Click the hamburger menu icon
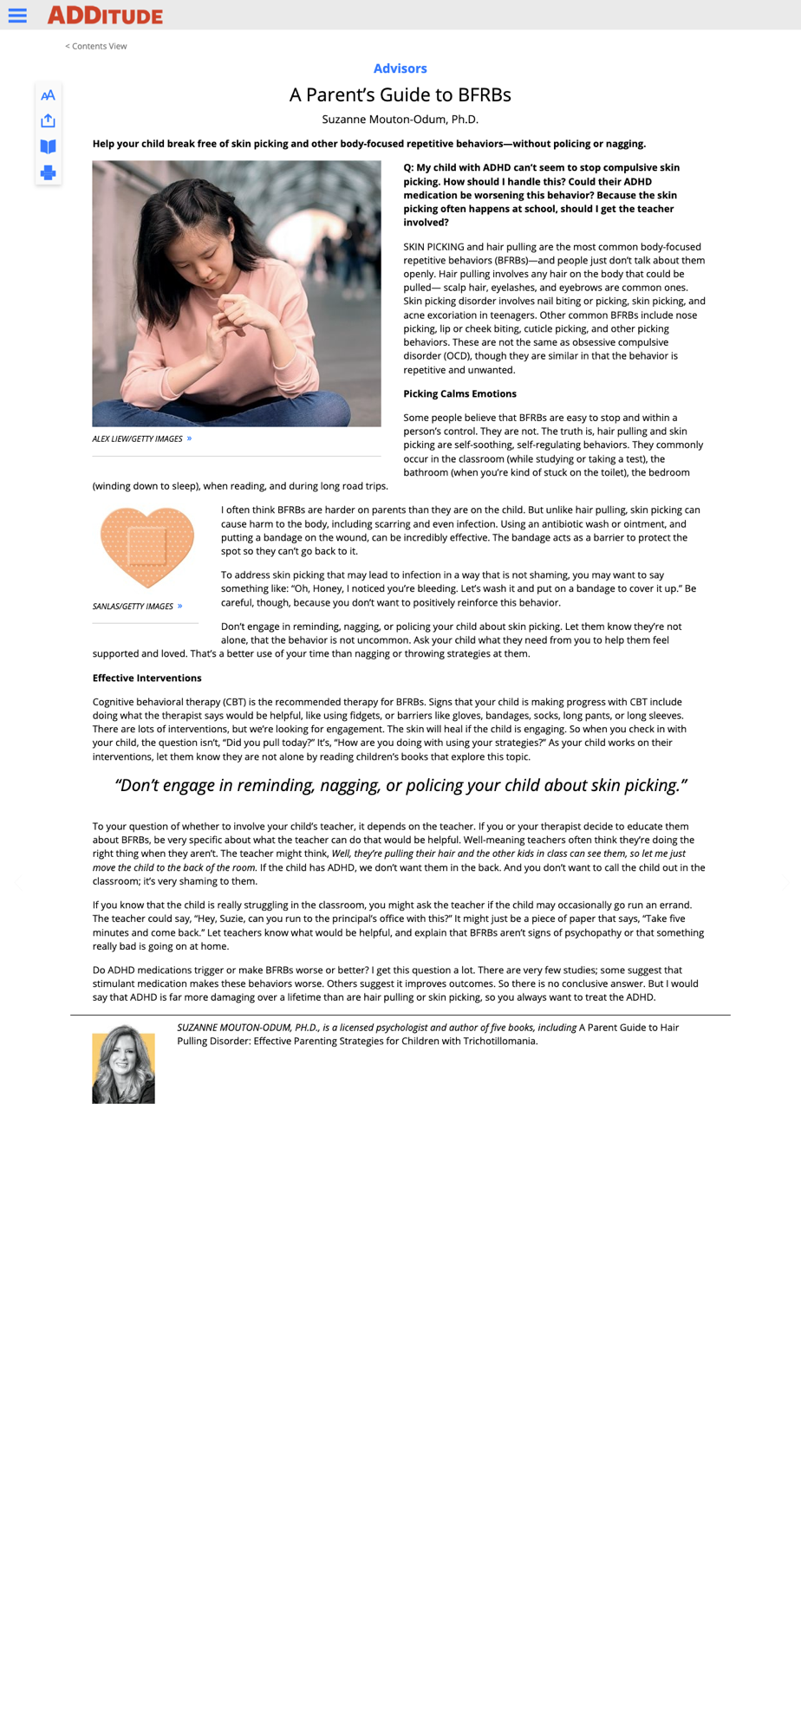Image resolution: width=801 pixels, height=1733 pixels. (17, 16)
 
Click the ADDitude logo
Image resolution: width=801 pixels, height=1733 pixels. (105, 16)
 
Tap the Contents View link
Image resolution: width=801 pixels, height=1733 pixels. (96, 47)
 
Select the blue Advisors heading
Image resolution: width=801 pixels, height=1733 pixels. (400, 68)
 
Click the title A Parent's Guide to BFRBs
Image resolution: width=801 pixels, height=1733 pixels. (400, 95)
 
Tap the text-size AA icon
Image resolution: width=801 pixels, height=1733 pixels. (49, 95)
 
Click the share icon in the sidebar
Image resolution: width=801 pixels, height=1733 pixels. (49, 120)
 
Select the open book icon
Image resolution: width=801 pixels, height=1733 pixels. (49, 146)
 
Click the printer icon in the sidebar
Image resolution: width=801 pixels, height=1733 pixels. (49, 172)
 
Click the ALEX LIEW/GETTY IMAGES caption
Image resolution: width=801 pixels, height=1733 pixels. (138, 439)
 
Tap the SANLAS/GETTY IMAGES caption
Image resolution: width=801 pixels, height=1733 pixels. (133, 607)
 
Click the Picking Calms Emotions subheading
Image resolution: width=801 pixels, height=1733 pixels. (459, 394)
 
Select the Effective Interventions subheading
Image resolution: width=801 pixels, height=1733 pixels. (147, 678)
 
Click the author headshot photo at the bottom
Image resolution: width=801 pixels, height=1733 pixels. (123, 1065)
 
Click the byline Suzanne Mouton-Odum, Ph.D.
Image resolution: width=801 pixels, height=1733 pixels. (400, 120)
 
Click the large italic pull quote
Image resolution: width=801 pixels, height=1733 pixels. (400, 786)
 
